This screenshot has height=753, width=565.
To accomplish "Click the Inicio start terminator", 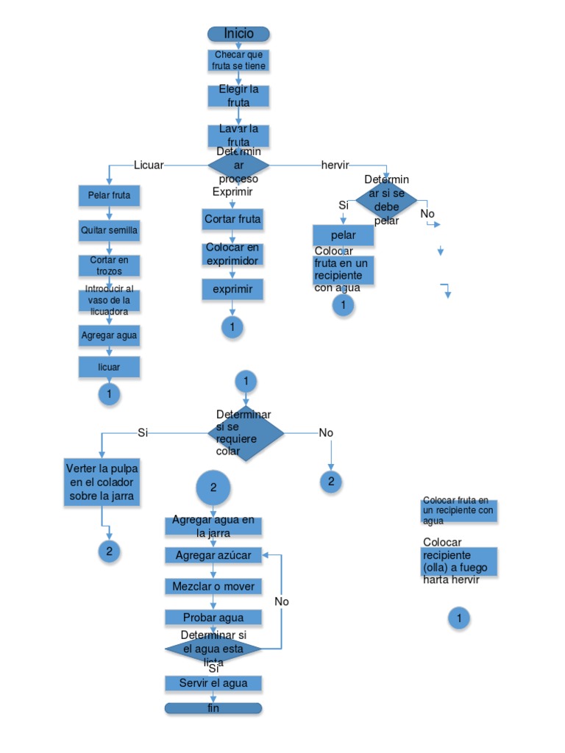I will pyautogui.click(x=238, y=34).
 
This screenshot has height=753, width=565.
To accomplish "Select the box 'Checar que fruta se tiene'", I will pyautogui.click(x=238, y=60).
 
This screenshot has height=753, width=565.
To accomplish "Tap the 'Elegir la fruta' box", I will pyautogui.click(x=238, y=96).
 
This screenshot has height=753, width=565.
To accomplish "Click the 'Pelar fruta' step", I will pyautogui.click(x=109, y=196).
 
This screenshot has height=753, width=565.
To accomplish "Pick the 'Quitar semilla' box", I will pyautogui.click(x=109, y=230).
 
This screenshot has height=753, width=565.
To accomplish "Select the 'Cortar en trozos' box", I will pyautogui.click(x=109, y=265).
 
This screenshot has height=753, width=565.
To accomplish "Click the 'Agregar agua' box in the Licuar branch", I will pyautogui.click(x=109, y=336).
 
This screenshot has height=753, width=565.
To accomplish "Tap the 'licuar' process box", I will pyautogui.click(x=109, y=366).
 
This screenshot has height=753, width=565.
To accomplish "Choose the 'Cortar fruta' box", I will pyautogui.click(x=232, y=219).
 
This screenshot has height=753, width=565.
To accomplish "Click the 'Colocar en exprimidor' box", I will pyautogui.click(x=232, y=254).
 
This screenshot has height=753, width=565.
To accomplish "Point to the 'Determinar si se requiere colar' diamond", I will pyautogui.click(x=246, y=433).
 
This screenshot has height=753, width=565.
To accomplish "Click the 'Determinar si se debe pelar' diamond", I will pyautogui.click(x=386, y=199).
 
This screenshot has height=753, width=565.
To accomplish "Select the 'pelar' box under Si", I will pyautogui.click(x=343, y=235).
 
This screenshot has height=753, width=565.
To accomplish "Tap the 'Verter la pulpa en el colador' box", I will pyautogui.click(x=102, y=482).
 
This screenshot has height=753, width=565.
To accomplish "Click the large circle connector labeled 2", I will pyautogui.click(x=213, y=488).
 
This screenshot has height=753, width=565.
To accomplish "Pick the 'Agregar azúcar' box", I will pyautogui.click(x=213, y=555).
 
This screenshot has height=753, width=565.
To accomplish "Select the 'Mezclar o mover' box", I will pyautogui.click(x=213, y=586).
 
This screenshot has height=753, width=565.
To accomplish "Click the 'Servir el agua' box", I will pyautogui.click(x=213, y=683).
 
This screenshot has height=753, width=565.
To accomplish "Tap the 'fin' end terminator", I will pyautogui.click(x=213, y=708).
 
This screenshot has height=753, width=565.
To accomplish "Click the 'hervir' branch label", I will pyautogui.click(x=335, y=165).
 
